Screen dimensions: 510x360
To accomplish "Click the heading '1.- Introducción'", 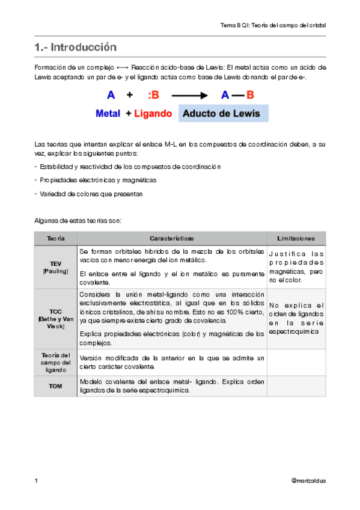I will pyautogui.click(x=75, y=47).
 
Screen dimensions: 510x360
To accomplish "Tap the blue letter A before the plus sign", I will pyautogui.click(x=111, y=95).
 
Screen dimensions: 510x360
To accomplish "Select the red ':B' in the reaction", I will pyautogui.click(x=153, y=95).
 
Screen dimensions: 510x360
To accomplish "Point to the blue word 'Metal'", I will pyautogui.click(x=108, y=113).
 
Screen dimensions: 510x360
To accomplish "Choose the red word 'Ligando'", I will pyautogui.click(x=153, y=113).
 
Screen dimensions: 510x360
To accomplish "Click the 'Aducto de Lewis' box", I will pyautogui.click(x=223, y=113).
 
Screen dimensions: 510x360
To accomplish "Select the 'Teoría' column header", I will pyautogui.click(x=56, y=239).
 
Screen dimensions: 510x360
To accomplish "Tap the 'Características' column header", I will pyautogui.click(x=172, y=239).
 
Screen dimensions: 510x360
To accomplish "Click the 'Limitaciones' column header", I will pyautogui.click(x=296, y=239).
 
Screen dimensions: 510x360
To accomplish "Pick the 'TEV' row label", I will pyautogui.click(x=56, y=263).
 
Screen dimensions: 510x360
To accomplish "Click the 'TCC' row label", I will pyautogui.click(x=56, y=311).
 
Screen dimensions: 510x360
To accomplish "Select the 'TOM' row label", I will pyautogui.click(x=56, y=386).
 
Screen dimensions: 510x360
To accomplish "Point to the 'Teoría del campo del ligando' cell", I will pyautogui.click(x=56, y=362).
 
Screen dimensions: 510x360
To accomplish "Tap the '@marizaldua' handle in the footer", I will pyautogui.click(x=308, y=481).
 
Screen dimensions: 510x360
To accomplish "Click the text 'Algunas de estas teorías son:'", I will pyautogui.click(x=78, y=220).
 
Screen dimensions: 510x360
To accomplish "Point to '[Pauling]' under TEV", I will pyautogui.click(x=56, y=271).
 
